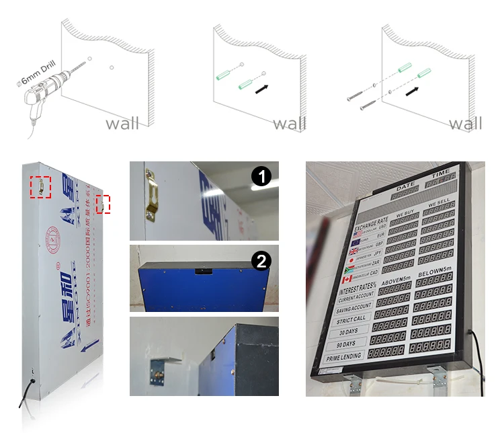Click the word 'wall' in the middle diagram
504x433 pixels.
tap(290, 124)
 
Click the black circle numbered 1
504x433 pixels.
tap(261, 177)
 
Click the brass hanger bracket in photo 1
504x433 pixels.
tap(153, 196)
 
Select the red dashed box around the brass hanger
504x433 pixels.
tap(41, 187)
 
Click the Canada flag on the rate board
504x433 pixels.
tap(347, 280)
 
